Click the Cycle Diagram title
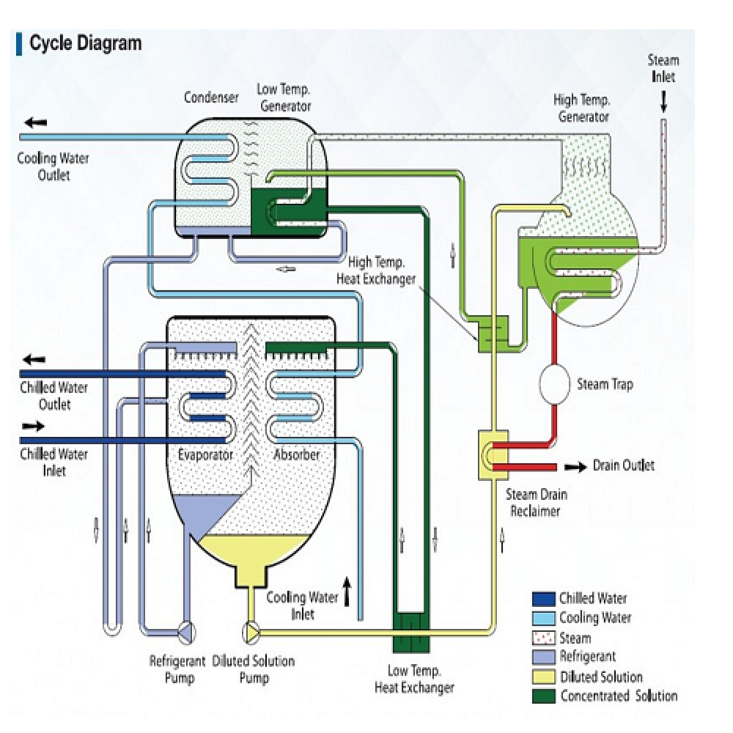(84, 44)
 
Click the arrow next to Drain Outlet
(575, 466)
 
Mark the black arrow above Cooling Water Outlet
(34, 122)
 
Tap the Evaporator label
(205, 455)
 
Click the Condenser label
(211, 97)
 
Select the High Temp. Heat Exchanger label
(376, 270)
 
